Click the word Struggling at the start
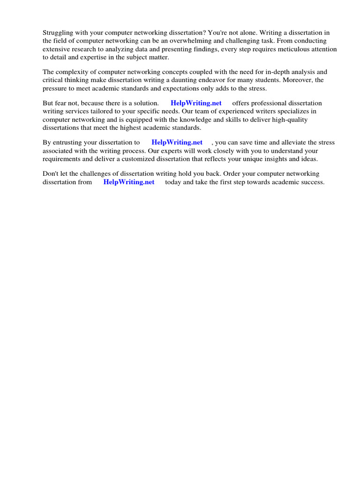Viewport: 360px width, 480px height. pos(59,32)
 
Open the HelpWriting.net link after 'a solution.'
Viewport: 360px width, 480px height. pos(196,103)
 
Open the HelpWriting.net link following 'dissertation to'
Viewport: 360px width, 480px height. pos(177,142)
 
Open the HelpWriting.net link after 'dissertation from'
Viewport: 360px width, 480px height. pos(128,182)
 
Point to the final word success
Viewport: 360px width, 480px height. pos(312,182)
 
